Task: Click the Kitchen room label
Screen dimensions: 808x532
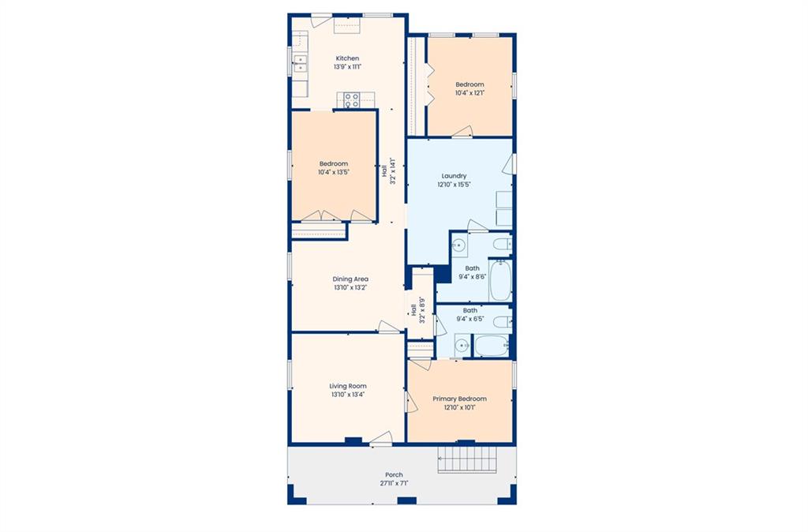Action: pyautogui.click(x=347, y=58)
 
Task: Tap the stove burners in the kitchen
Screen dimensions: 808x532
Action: pyautogui.click(x=351, y=100)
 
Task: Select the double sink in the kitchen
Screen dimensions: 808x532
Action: pyautogui.click(x=300, y=63)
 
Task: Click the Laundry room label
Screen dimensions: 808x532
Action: pyautogui.click(x=454, y=176)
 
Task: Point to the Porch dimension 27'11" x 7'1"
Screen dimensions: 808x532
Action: pyautogui.click(x=394, y=484)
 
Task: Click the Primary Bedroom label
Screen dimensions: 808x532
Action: pyautogui.click(x=460, y=399)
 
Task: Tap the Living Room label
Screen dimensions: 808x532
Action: pyautogui.click(x=348, y=386)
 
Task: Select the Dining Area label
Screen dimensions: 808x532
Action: pyautogui.click(x=350, y=279)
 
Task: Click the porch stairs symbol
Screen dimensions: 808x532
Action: pyautogui.click(x=467, y=459)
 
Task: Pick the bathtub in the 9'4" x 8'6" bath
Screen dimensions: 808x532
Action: pyautogui.click(x=500, y=280)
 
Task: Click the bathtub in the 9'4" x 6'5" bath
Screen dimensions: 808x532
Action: pyautogui.click(x=492, y=346)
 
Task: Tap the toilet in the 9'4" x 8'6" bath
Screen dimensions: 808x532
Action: pyautogui.click(x=502, y=243)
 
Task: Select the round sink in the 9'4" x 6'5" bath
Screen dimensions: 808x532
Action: pyautogui.click(x=462, y=346)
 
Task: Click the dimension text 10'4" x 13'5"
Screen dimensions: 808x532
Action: pyautogui.click(x=334, y=172)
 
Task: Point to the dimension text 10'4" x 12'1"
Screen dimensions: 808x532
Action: pyautogui.click(x=470, y=93)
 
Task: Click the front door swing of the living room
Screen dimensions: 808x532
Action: pyautogui.click(x=381, y=437)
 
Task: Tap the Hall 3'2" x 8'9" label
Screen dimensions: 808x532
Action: pyautogui.click(x=418, y=310)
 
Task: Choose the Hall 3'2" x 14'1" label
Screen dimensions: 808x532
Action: pyautogui.click(x=388, y=170)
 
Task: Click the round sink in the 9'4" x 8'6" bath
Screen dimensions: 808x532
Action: pyautogui.click(x=458, y=245)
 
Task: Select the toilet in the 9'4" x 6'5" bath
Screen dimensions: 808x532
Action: pyautogui.click(x=503, y=322)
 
